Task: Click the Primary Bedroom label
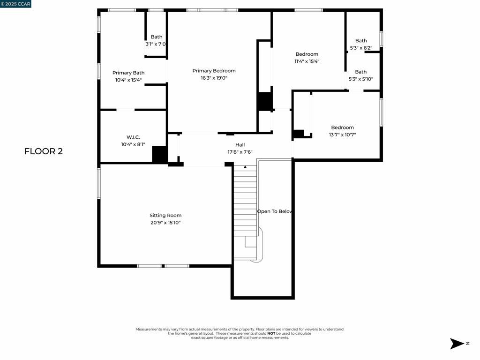pos(214,71)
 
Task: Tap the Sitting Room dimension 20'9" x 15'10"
pos(165,223)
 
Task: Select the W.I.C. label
pos(130,137)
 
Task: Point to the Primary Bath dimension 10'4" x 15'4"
pos(128,80)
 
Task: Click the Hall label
pos(240,145)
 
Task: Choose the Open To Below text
pos(275,211)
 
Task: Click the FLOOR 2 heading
pos(44,151)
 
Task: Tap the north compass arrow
pos(457,344)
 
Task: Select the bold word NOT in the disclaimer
pos(271,333)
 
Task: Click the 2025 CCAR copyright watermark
pos(15,4)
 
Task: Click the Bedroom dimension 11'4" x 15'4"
pos(307,61)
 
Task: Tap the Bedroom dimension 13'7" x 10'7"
pos(342,135)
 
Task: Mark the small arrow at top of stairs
pos(245,166)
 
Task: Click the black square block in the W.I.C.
pos(160,155)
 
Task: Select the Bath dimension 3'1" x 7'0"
pos(156,44)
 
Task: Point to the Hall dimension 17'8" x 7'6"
pos(240,152)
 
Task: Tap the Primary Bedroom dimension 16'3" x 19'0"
pos(214,78)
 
